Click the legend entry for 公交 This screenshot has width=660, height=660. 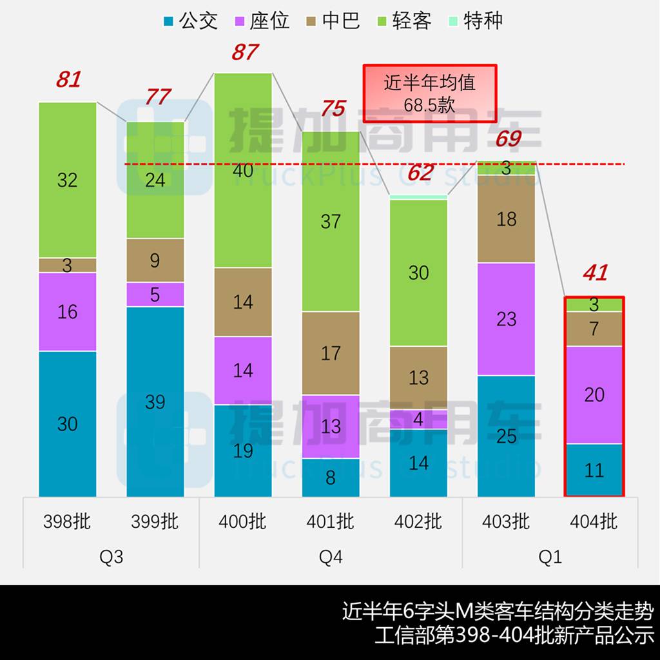tap(191, 21)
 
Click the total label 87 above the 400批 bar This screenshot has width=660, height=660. tap(244, 52)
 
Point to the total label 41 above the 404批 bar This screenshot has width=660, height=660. tap(594, 273)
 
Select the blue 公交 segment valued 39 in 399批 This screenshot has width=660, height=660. tap(155, 402)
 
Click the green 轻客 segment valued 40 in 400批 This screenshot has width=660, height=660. tap(243, 171)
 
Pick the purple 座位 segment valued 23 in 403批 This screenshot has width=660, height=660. tap(507, 319)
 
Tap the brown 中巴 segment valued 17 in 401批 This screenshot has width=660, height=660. tap(331, 353)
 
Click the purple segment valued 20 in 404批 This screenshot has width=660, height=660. tap(594, 395)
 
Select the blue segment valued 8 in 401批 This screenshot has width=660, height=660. tap(331, 478)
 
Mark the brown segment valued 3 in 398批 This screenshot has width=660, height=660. tap(68, 265)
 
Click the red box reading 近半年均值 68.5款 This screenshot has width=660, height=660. tap(429, 93)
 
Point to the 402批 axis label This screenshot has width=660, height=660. tap(418, 521)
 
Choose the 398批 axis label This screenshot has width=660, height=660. tap(67, 521)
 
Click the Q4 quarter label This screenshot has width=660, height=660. tap(331, 557)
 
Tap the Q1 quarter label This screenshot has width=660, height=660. tap(550, 557)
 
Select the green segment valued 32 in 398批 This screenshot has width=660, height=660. tap(68, 180)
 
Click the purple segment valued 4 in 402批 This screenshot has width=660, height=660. tap(418, 420)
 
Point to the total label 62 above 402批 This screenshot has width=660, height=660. tap(420, 173)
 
